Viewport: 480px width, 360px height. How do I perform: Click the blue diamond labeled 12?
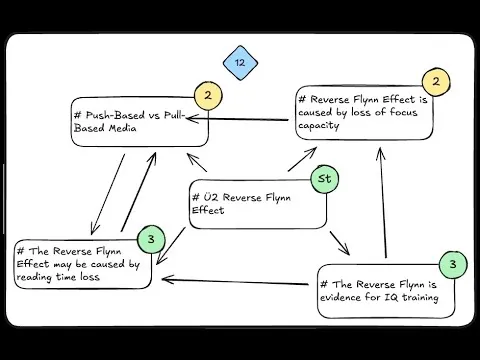pos(240,63)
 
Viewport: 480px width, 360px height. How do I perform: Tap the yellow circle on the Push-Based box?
pos(207,97)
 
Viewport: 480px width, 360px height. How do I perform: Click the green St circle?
pos(324,180)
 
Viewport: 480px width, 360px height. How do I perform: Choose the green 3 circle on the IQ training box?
pos(453,265)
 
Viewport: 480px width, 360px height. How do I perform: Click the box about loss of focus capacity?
pos(364,113)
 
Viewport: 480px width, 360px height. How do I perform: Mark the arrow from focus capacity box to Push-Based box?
pos(250,118)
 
